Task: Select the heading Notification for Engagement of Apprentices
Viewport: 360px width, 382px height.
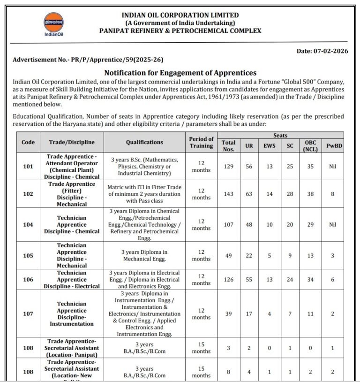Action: [180, 72]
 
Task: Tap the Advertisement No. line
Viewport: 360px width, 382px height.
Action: [88, 60]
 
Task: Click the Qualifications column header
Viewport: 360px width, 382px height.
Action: [144, 142]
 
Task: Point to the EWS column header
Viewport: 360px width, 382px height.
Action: [269, 146]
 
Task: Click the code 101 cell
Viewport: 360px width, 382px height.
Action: [28, 166]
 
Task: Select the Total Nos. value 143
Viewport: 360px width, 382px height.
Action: [228, 194]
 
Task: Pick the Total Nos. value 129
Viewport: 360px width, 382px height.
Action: [228, 166]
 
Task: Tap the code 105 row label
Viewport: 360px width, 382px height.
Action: [28, 255]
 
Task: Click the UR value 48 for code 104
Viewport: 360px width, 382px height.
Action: [249, 224]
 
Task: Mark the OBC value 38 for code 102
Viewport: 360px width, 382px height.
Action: [310, 194]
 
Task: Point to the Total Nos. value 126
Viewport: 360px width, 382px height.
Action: [228, 279]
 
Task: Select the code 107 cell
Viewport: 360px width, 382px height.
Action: [28, 313]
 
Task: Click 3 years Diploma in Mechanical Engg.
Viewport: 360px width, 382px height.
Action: [144, 255]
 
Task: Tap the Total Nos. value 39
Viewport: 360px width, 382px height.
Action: [228, 313]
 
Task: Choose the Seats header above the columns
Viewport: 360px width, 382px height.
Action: [280, 135]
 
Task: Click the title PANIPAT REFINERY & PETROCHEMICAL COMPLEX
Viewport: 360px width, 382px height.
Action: [180, 31]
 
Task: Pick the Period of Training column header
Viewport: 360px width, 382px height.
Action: [201, 142]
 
